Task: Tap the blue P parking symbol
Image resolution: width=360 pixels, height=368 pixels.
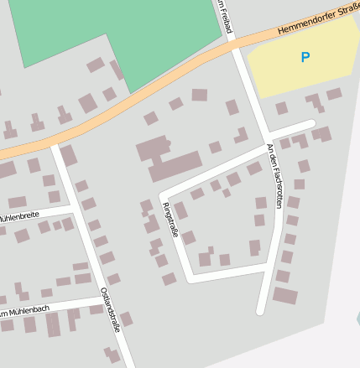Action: point(305,58)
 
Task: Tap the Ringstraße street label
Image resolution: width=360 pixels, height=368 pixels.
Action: point(170,220)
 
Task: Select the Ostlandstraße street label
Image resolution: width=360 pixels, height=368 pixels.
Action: point(110,310)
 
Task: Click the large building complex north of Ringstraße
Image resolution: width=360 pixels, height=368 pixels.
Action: point(169,159)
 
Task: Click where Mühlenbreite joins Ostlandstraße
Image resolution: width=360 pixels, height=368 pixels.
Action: point(75,210)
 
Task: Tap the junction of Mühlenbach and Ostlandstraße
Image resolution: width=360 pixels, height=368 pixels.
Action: point(100,298)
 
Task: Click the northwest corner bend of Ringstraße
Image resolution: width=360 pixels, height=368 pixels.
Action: point(160,194)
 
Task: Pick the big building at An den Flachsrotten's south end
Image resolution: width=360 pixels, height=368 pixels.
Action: point(285,295)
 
